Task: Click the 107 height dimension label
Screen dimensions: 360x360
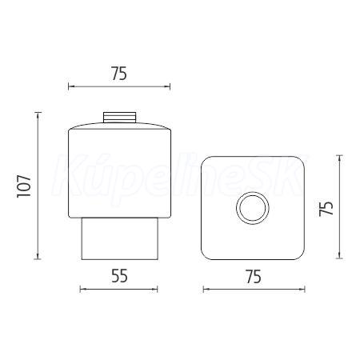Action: tap(24, 186)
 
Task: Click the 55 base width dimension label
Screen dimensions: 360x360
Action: tap(119, 276)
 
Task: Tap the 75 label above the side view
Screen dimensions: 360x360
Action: tap(119, 74)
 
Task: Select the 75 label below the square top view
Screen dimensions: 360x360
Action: tap(254, 277)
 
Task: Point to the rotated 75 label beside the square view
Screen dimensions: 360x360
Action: tap(326, 208)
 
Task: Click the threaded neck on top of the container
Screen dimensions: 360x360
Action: tap(120, 118)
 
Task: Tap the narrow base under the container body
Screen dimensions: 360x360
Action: tap(120, 238)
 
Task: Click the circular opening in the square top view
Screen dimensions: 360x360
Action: tap(253, 208)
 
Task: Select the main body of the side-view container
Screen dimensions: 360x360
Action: tap(120, 170)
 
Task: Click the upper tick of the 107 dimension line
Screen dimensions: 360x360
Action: tap(38, 113)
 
